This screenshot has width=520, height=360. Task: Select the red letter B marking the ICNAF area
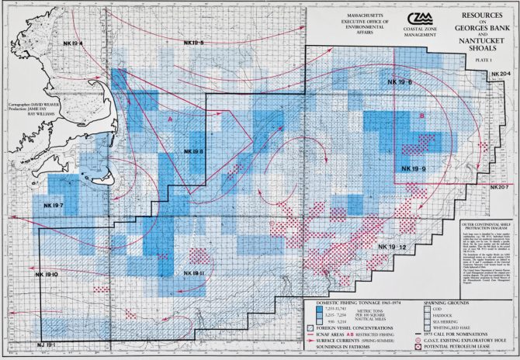tap(421, 116)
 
